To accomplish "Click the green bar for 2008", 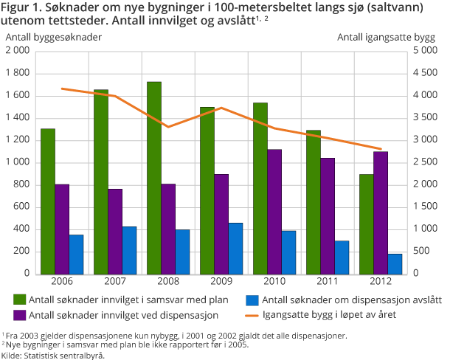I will [x=154, y=178].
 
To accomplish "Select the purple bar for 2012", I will [x=381, y=212].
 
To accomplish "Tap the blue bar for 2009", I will [x=236, y=248].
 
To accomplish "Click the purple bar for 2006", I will [x=62, y=229].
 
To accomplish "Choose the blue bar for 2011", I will [x=342, y=257].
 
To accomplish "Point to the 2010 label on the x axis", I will [x=274, y=283].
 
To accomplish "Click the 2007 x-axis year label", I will [x=116, y=283].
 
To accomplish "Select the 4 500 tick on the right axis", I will [x=425, y=73].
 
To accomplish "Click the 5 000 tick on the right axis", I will [x=425, y=51].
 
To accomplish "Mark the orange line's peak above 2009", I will [x=222, y=108].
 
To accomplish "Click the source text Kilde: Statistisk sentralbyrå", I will [x=53, y=355].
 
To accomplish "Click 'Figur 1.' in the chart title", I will [x=23, y=8].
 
